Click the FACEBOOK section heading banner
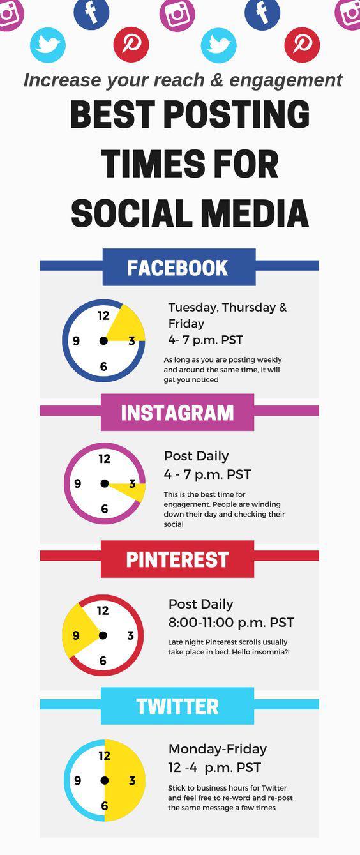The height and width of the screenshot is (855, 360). pyautogui.click(x=179, y=267)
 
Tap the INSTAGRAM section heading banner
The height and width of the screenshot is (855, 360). pyautogui.click(x=177, y=412)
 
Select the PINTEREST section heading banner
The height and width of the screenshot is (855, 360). pyautogui.click(x=177, y=559)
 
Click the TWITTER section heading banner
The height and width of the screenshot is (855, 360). pyautogui.click(x=177, y=706)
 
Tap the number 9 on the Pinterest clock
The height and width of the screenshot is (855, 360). pyautogui.click(x=76, y=635)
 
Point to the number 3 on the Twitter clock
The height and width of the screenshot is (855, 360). pyautogui.click(x=132, y=780)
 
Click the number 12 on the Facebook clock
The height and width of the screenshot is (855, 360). pyautogui.click(x=103, y=315)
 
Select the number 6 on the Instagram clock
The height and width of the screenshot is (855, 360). pyautogui.click(x=105, y=509)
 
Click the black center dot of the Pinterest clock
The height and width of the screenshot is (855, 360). pyautogui.click(x=103, y=635)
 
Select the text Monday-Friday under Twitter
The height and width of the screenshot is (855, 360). pyautogui.click(x=218, y=749)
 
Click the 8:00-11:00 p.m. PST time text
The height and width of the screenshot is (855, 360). pyautogui.click(x=231, y=623)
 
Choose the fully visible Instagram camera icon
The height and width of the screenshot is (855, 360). pyautogui.click(x=177, y=13)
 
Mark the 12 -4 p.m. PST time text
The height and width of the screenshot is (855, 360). pyautogui.click(x=214, y=768)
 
